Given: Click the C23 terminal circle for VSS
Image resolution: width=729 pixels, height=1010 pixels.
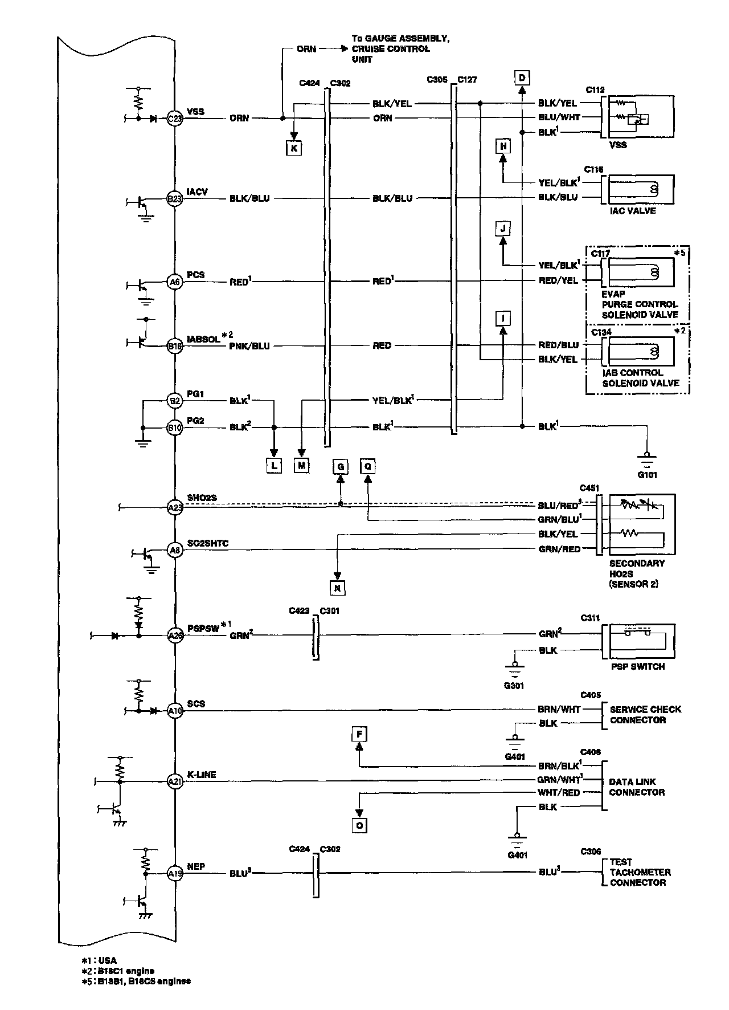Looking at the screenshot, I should coord(174,119).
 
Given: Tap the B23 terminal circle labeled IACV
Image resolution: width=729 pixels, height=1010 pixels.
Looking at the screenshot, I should coord(174,199).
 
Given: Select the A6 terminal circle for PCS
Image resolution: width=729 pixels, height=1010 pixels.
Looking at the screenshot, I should coord(174,282).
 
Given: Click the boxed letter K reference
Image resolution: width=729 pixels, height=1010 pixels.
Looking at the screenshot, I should coord(294,148).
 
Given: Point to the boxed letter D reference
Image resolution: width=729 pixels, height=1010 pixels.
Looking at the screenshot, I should coord(521,78).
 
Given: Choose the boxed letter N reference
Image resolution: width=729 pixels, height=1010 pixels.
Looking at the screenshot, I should coord(337,588).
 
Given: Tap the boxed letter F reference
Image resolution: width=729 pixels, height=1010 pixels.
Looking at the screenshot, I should coord(359,734).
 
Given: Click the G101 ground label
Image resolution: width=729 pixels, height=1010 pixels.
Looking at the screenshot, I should coord(647,475).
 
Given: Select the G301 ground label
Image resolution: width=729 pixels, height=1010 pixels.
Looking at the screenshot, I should coord(514,686).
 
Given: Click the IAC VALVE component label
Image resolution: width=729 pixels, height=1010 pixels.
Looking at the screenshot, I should coord(632,211).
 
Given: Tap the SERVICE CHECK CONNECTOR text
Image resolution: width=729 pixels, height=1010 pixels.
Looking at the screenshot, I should coord(645,715).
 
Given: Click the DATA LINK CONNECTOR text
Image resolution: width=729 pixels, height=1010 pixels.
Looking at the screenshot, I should coord(636,787).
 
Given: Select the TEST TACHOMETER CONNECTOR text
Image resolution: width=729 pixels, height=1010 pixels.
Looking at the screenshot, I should coord(640,872).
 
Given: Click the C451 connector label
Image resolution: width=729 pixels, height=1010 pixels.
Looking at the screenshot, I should coord(589,488).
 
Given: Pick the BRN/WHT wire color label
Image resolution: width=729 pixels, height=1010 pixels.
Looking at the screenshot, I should coord(559,710).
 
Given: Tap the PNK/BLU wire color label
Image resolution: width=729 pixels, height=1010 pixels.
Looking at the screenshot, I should coord(249,346).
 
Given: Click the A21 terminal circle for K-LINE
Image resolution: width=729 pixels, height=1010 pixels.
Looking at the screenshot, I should coord(174,781).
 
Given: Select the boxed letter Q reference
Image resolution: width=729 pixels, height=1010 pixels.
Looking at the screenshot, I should coord(368,467).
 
